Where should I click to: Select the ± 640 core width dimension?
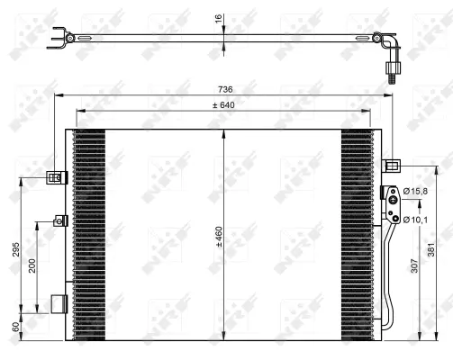point(222,105)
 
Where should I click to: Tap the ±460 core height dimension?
point(219,236)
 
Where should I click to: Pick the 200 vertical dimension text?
point(32,267)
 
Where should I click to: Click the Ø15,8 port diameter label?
point(415,190)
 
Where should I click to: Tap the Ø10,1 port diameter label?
point(415,218)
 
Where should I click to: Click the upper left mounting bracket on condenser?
point(57,177)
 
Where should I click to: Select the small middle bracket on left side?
point(60,220)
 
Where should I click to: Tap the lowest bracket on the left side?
point(59,303)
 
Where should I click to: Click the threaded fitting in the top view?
point(392,71)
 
